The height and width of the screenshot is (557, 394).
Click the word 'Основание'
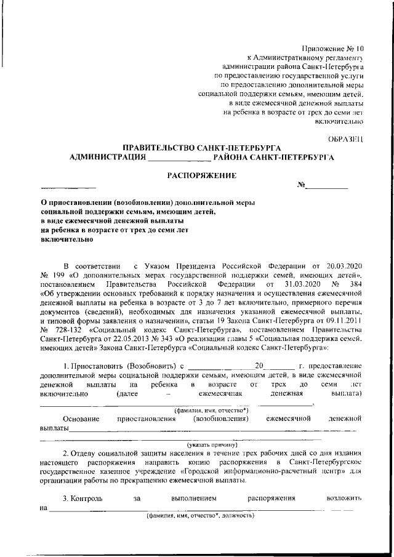click(81, 419)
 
